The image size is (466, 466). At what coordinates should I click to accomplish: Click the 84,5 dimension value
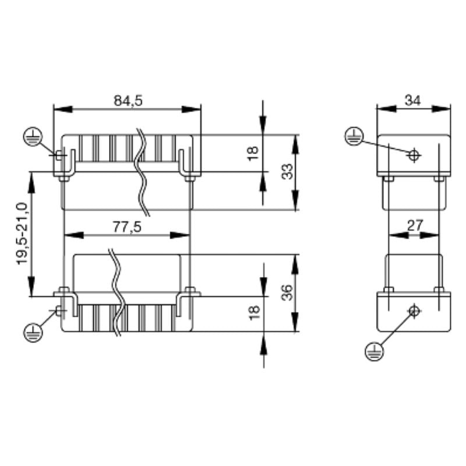128,100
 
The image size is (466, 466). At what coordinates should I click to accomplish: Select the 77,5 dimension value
127,227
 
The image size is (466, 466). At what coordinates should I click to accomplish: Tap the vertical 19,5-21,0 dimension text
22,233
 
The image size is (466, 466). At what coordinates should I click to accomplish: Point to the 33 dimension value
287,172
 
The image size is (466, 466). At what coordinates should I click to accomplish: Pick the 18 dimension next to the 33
253,153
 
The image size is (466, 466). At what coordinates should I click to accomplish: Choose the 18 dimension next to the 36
253,313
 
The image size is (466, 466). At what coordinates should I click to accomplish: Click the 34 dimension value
413,100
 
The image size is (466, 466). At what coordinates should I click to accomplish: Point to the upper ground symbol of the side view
353,136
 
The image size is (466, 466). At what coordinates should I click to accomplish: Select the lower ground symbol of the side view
373,351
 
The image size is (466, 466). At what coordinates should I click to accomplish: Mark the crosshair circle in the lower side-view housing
414,310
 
